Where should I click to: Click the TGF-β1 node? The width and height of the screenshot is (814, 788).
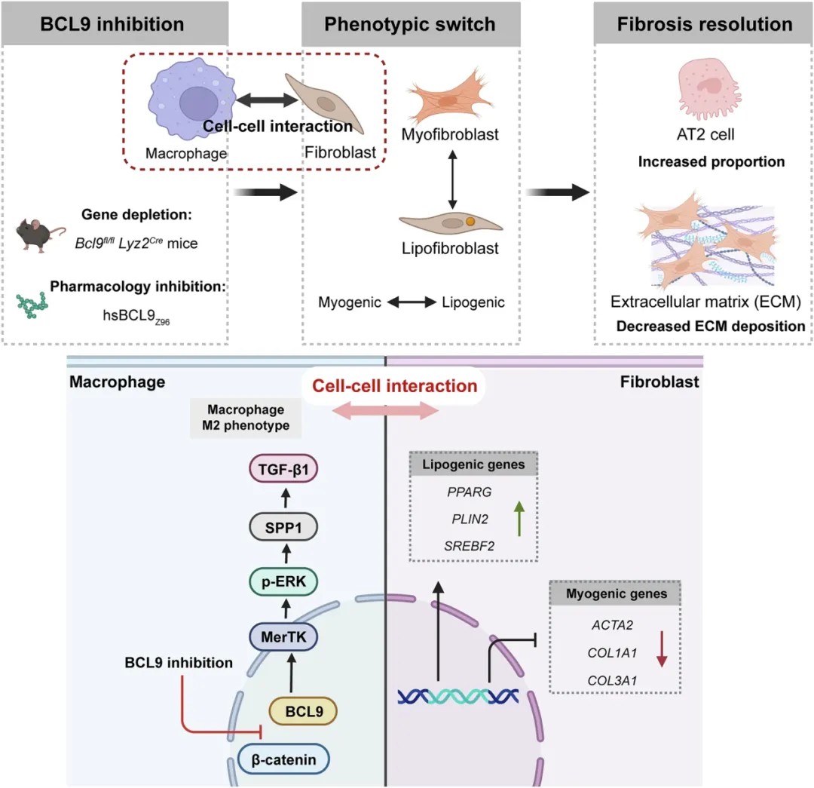283,469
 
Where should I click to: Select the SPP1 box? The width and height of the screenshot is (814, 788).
283,527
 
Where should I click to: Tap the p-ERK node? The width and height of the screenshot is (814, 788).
283,581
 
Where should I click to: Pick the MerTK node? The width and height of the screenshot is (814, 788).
283,637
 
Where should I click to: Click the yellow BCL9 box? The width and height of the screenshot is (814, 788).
304,711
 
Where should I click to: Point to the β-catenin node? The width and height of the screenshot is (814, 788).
283,759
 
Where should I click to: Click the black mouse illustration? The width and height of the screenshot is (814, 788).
39,235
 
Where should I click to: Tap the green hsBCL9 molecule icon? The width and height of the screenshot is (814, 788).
32,305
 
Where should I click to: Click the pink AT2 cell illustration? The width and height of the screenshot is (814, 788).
708,87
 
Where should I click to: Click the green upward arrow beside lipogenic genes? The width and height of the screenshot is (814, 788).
519,518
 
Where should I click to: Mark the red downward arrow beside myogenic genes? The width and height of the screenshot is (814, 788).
662,648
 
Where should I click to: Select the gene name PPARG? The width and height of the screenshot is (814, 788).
470,492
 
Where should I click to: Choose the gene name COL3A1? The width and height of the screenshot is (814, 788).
612,680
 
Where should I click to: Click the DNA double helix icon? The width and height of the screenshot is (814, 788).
458,696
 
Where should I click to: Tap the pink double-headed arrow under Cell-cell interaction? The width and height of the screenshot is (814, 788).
385,411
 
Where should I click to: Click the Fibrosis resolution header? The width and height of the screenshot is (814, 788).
704,24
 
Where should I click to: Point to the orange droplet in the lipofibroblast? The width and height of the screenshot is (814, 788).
470,221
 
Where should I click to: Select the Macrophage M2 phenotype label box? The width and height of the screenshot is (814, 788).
246,418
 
